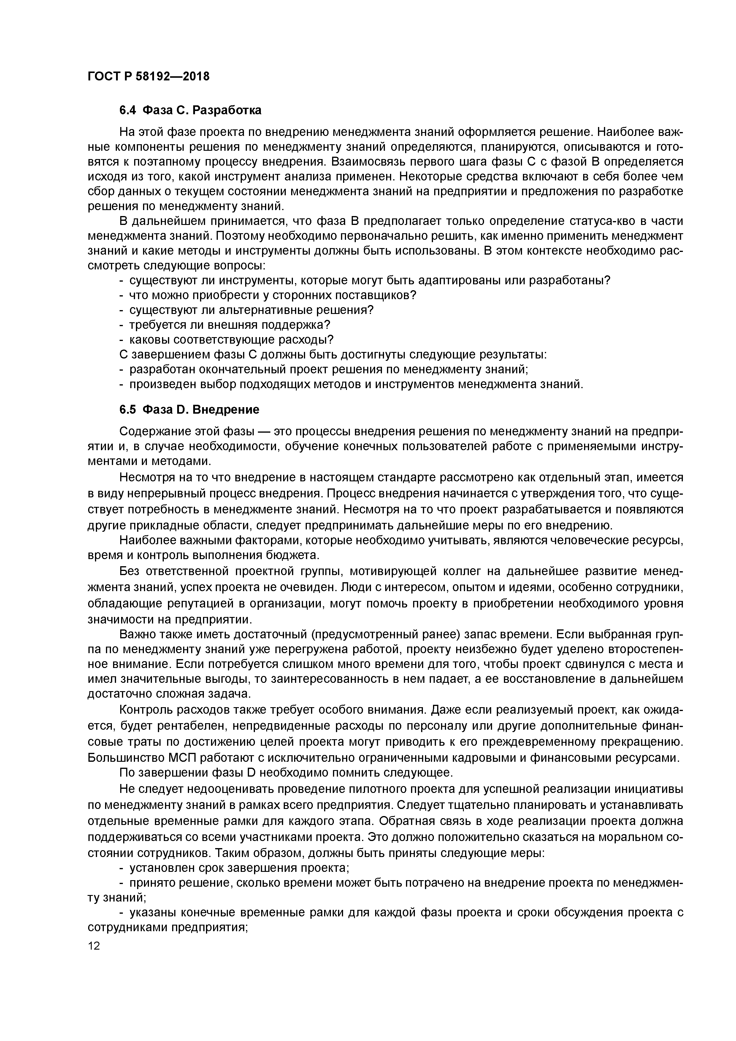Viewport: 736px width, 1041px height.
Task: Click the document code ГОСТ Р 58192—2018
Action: point(148,76)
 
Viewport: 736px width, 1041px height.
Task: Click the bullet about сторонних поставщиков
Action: point(272,295)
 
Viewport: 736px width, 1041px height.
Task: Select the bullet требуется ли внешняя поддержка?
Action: point(229,325)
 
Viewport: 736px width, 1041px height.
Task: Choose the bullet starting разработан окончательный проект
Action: point(328,369)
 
